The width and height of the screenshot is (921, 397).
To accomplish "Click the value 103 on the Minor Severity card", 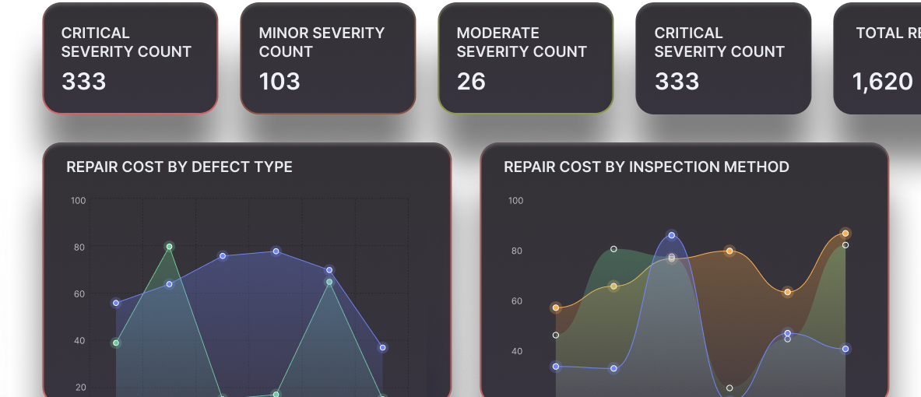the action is [279, 81].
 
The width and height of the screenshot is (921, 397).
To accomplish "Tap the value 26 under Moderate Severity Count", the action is [471, 81].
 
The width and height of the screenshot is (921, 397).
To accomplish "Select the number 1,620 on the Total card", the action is [882, 82].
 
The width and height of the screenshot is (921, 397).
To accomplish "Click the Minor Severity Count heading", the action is [322, 42].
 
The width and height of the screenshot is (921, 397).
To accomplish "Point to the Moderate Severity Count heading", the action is [522, 42].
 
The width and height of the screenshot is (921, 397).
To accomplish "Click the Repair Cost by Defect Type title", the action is [179, 167].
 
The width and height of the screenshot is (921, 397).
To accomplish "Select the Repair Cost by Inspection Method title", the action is [647, 167].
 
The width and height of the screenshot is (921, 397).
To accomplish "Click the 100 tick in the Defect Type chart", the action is [78, 201].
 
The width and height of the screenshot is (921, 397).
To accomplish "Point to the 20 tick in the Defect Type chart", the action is [80, 388].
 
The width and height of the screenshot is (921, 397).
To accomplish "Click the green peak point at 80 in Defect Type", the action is [169, 247].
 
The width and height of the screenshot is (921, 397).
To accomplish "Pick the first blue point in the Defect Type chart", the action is [116, 303].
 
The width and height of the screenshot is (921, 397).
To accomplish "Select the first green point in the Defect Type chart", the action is [116, 343].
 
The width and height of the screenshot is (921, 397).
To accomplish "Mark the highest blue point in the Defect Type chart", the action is [276, 251].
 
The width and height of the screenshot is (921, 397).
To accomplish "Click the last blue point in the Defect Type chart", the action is [382, 348].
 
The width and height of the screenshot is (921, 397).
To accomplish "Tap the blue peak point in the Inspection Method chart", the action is [671, 236].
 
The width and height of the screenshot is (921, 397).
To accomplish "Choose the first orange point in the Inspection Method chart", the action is [556, 307].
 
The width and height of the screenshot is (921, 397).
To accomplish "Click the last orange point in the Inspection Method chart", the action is [845, 234].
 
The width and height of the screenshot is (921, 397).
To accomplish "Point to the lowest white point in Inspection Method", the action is [729, 388].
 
